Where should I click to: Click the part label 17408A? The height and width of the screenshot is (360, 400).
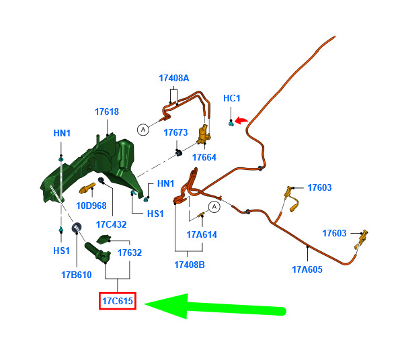[x=174, y=78]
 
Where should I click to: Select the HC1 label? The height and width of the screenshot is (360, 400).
[x=232, y=98]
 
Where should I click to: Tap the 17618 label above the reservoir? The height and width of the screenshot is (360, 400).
[x=107, y=111]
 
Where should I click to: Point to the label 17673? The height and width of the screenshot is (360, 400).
[x=175, y=132]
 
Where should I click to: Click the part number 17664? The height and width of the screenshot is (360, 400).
[x=204, y=157]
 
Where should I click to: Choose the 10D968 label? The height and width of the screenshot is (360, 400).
[x=91, y=206]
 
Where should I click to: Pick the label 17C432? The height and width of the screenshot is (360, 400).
[x=111, y=224]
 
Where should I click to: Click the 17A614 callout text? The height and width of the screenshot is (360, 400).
[x=202, y=234]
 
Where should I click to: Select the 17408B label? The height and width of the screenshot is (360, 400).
[x=190, y=265]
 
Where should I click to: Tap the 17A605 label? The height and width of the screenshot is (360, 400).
[x=307, y=269]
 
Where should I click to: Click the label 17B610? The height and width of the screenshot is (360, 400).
[x=76, y=275]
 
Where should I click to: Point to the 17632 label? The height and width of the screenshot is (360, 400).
[x=130, y=253]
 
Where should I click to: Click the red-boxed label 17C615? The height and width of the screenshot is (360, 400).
[x=118, y=301]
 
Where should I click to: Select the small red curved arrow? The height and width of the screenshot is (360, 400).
[x=241, y=120]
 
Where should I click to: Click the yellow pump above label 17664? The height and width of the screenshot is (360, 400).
[x=203, y=134]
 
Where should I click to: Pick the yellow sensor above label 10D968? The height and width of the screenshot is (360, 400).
[x=87, y=188]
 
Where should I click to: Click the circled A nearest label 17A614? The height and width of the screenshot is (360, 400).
[x=214, y=207]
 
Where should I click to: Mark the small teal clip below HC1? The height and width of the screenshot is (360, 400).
[x=231, y=124]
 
